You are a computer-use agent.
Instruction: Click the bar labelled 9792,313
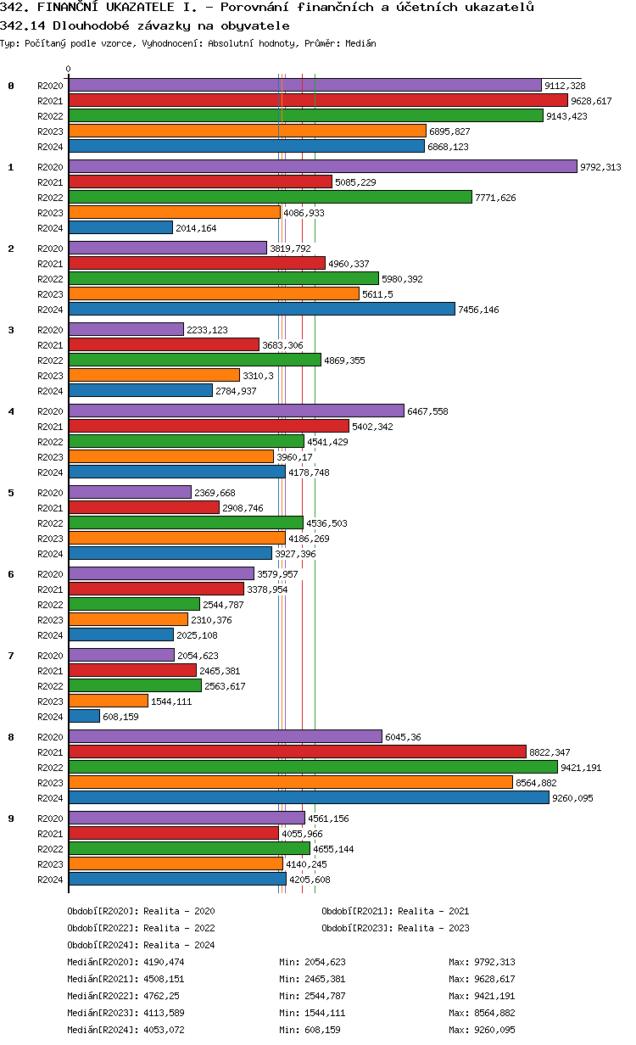pos(322,167)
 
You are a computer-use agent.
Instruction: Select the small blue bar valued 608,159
pos(84,717)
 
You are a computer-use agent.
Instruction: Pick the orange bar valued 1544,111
pos(109,701)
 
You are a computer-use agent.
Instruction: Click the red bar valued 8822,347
pos(297,752)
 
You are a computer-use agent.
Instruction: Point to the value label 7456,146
pos(478,310)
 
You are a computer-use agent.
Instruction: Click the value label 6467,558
pos(427,411)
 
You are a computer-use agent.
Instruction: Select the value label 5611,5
pos(378,294)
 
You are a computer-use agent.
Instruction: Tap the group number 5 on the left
pos(11,493)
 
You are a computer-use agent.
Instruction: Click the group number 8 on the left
pos(11,737)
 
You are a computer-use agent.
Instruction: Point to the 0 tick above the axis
pos(69,70)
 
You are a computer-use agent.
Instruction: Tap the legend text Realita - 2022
pos(179,928)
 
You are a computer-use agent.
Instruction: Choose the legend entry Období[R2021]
pos(357,911)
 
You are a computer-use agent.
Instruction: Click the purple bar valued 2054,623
pos(121,656)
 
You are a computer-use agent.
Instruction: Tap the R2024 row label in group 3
pos(51,391)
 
